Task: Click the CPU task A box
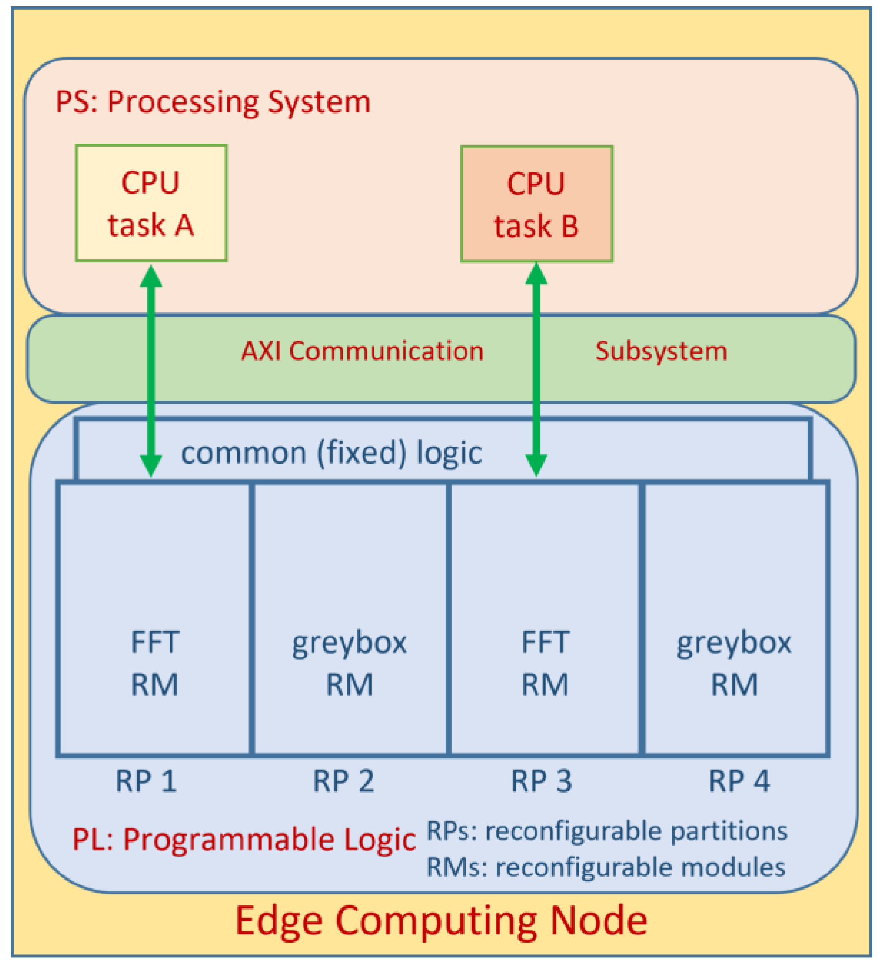(151, 203)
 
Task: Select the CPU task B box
(536, 204)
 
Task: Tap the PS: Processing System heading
(213, 102)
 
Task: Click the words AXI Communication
(362, 351)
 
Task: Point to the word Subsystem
(661, 351)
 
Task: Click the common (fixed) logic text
(332, 453)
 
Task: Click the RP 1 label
(146, 781)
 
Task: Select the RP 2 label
(343, 781)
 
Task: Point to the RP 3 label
(541, 781)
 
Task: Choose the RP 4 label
(739, 781)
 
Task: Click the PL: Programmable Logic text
(244, 840)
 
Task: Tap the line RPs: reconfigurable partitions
(607, 831)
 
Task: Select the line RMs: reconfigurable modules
(606, 868)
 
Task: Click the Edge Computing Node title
(441, 921)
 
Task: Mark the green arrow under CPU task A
(151, 370)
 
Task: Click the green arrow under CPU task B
(536, 370)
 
